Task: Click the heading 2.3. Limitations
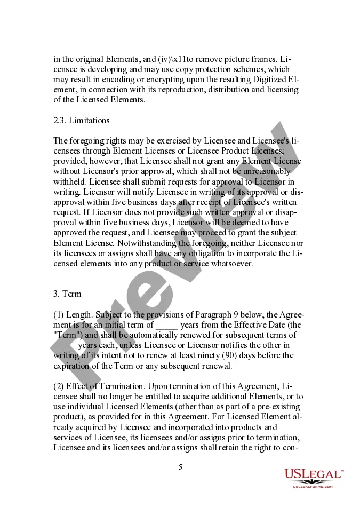82,121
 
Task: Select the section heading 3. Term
67,294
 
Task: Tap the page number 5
180,467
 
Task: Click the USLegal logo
313,474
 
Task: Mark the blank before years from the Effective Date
167,325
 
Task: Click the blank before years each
64,345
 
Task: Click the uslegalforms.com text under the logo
313,487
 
